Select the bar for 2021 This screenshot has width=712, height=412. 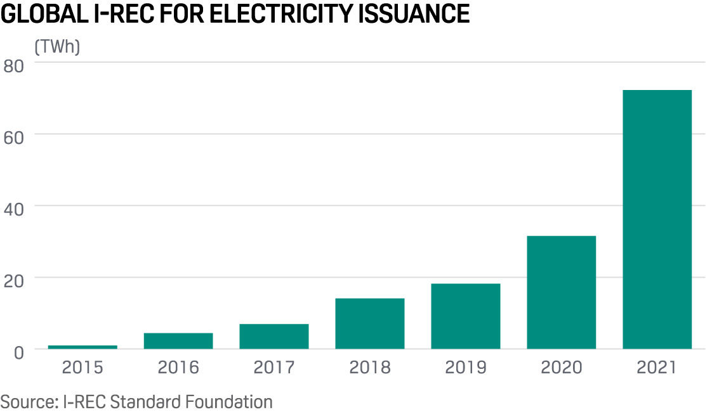coord(657,219)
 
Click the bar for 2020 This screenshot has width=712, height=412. coord(561,292)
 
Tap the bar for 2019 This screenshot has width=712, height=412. coord(465,316)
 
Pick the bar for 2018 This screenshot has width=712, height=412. coord(369,323)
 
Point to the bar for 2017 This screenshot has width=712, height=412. coord(274,337)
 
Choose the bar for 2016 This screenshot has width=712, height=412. coord(178,341)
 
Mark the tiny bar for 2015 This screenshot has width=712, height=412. coord(82,347)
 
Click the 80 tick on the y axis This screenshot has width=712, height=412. coord(14,65)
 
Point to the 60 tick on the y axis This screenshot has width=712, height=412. coord(14,137)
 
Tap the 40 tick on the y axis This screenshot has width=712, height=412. coord(14,209)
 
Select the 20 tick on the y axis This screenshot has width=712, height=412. coord(14,280)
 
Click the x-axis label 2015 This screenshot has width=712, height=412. coord(82,367)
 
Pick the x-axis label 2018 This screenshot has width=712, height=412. coord(369,367)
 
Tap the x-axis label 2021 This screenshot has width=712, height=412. coord(657,367)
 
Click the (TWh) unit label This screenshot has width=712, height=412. coord(57,47)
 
